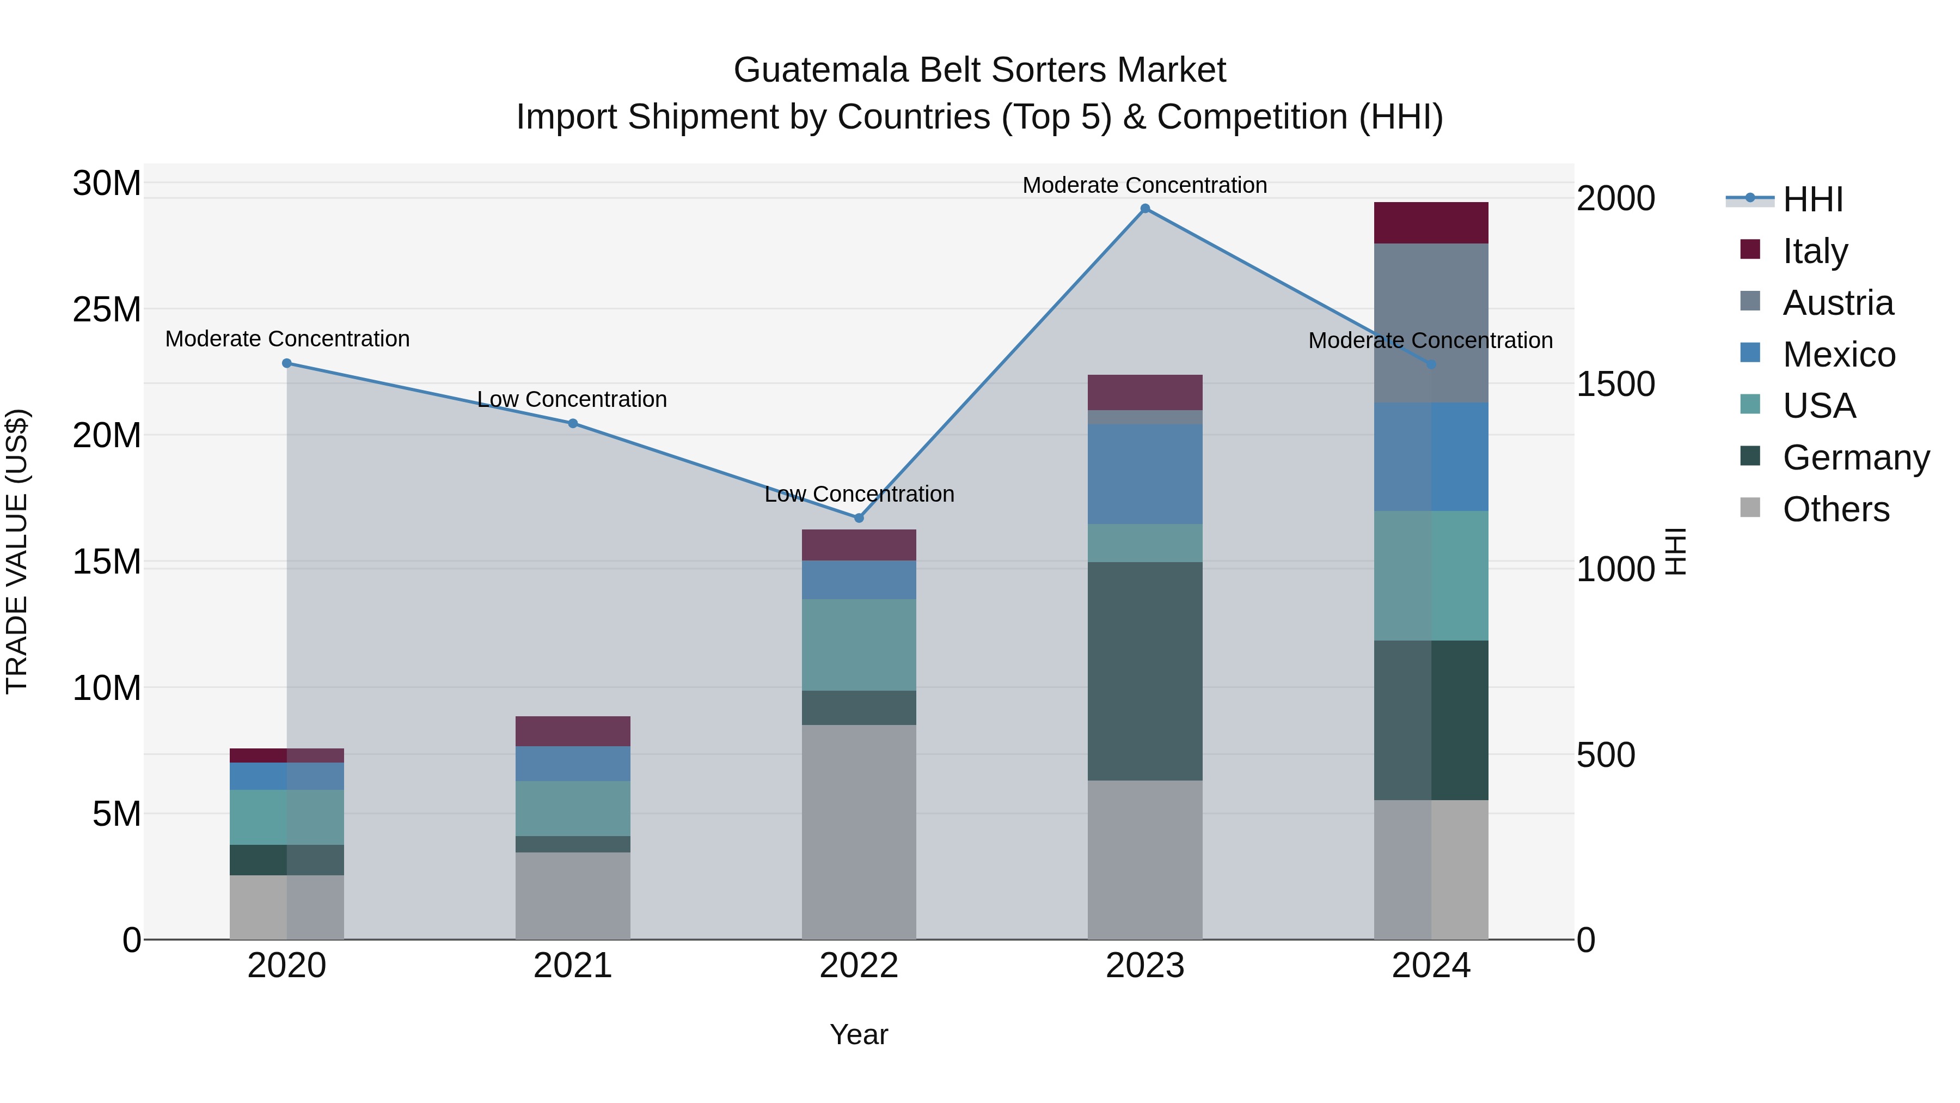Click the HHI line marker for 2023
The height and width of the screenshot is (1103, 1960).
1145,209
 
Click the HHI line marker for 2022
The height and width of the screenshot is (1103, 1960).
859,517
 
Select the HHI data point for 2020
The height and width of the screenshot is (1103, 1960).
287,363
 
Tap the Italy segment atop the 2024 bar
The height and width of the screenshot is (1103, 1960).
1431,223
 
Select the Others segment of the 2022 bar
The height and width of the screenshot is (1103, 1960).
859,831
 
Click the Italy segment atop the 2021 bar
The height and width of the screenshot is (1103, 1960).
573,731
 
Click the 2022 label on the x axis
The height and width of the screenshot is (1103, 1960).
859,966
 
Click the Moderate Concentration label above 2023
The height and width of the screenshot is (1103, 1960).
1144,185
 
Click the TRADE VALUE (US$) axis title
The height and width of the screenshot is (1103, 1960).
17,551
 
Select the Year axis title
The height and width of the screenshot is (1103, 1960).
859,1034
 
